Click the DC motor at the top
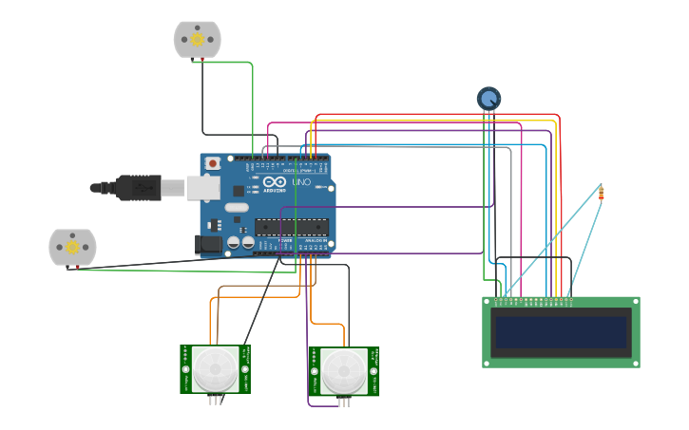pos(197,40)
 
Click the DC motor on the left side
pos(72,247)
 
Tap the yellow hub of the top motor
pos(198,39)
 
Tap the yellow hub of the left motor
pos(72,247)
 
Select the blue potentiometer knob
pos(488,98)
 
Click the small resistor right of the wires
pos(601,193)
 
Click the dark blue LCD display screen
pos(561,332)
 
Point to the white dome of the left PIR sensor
pos(216,368)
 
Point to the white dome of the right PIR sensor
pos(344,371)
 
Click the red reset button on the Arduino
pos(213,163)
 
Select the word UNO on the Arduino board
pos(301,181)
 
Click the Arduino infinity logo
pos(275,180)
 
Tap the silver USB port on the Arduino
pos(202,188)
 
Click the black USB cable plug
pos(138,188)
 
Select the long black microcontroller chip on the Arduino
pos(291,227)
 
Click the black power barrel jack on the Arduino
pos(208,245)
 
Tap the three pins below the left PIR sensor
pos(216,400)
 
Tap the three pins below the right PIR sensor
pos(344,402)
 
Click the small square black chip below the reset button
pos(239,191)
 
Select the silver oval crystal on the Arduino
pos(237,207)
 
